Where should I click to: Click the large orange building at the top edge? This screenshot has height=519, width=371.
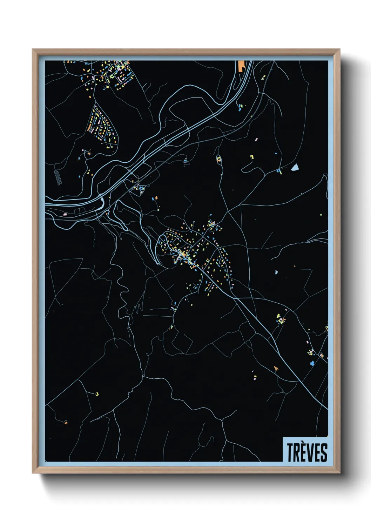click(x=241, y=66)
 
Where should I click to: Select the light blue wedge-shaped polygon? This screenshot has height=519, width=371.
click(x=295, y=167)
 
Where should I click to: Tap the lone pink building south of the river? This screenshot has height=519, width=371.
click(x=65, y=214)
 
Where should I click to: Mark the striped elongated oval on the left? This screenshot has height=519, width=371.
click(x=58, y=177)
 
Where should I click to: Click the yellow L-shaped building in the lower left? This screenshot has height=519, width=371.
click(x=97, y=394)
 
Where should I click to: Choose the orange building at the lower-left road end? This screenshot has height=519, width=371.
click(x=66, y=423)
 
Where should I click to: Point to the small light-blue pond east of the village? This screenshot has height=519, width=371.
click(x=276, y=272)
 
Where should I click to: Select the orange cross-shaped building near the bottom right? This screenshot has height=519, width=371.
click(x=276, y=368)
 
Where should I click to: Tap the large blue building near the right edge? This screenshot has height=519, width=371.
click(x=312, y=363)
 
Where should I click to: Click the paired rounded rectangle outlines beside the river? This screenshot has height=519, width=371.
click(x=79, y=210)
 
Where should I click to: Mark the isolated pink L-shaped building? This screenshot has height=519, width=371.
click(x=256, y=140)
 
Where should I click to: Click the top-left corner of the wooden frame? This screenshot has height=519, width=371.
click(x=32, y=49)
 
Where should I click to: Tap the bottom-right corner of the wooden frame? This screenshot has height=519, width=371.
click(x=340, y=473)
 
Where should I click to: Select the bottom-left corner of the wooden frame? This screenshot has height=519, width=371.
click(x=32, y=473)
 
